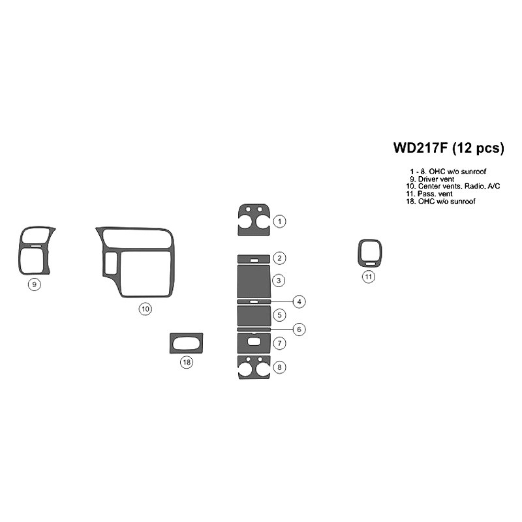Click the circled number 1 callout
coord(280,221)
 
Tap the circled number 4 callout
coord(299,301)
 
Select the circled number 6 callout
coord(299,330)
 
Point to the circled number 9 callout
coord(35,284)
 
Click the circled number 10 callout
coord(146,309)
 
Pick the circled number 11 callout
coord(369,277)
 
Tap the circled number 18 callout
coord(187,362)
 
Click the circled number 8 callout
coord(280,367)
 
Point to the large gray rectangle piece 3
coord(254,281)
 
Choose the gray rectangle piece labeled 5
coord(254,316)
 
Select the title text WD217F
coord(420,147)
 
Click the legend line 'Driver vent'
coord(432,179)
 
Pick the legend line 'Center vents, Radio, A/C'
coord(453,187)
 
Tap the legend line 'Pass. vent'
coord(429,194)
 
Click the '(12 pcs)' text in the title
coord(478,148)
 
